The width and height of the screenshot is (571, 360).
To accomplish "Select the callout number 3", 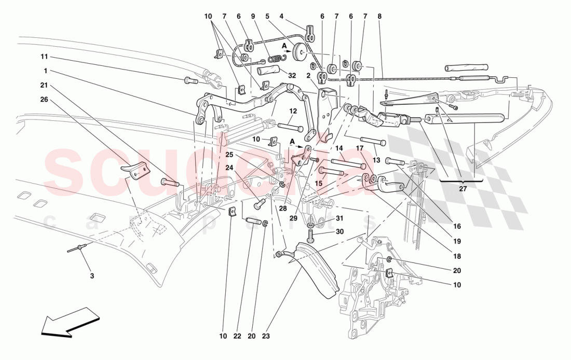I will (92, 276).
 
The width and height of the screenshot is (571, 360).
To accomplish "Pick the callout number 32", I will (292, 75).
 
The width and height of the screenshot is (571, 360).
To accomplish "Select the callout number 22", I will (237, 337).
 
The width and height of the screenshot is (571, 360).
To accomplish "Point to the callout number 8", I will (379, 17).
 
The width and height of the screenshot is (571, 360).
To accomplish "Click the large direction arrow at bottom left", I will (69, 322).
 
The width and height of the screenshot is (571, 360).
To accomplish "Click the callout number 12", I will (293, 110).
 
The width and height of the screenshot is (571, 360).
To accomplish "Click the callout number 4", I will (281, 17).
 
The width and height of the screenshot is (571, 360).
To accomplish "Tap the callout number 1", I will (45, 71).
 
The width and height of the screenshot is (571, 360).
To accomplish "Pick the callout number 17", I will (373, 148).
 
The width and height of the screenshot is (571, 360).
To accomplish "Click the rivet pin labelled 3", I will (75, 248).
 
